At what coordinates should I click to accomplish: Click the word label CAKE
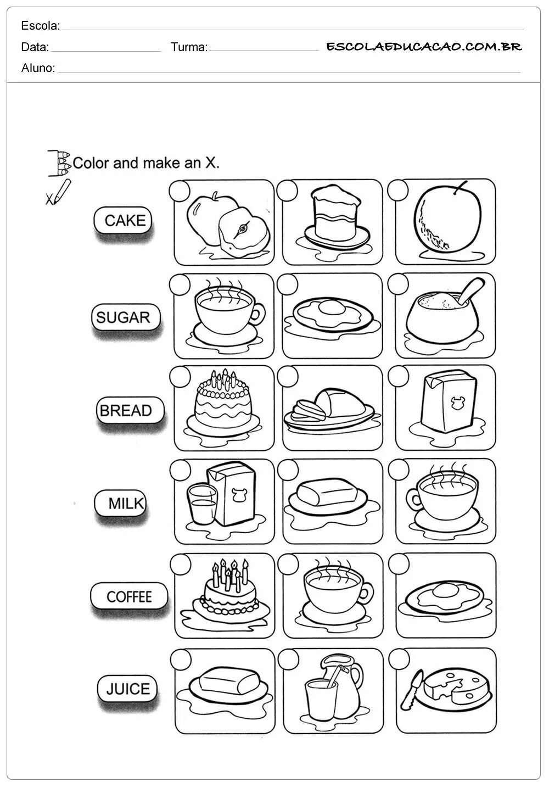tap(125, 221)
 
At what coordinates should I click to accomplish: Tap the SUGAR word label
tap(123, 317)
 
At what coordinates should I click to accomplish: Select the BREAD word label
tap(126, 411)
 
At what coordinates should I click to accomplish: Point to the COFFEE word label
tap(129, 597)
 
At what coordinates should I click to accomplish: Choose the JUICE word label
tap(128, 689)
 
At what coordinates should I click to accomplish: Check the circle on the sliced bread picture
tap(288, 376)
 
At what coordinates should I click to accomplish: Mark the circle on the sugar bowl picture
tap(397, 283)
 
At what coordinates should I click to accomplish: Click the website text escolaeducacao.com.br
tap(424, 47)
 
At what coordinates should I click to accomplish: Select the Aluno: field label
tap(38, 68)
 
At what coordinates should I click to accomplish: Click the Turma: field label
tap(189, 47)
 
